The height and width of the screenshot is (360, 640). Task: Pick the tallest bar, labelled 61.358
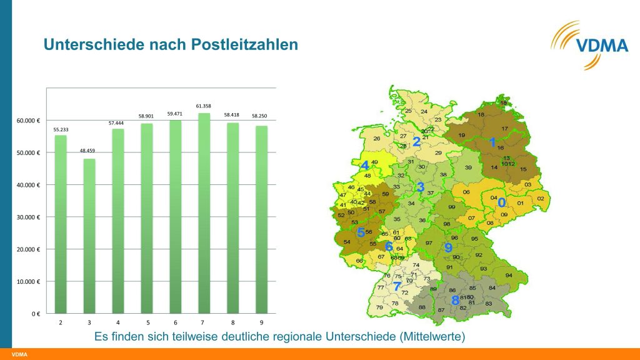coord(204,212)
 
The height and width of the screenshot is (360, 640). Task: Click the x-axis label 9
coord(262,322)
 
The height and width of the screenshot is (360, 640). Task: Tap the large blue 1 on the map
coord(492,142)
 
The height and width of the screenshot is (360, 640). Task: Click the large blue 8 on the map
coord(455,299)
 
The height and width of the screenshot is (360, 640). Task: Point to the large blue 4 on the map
coord(364,166)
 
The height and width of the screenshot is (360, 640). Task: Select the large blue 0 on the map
coord(501,203)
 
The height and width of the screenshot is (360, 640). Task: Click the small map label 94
coord(509,276)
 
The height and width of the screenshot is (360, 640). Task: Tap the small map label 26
coord(377,139)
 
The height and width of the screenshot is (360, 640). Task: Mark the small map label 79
coord(379,307)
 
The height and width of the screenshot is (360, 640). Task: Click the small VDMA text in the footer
coord(19,355)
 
